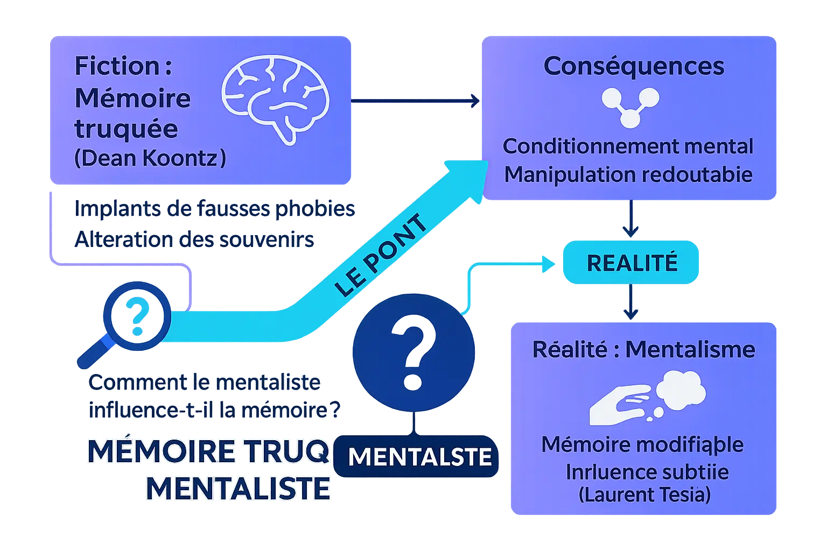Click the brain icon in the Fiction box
(275, 101)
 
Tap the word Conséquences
(634, 66)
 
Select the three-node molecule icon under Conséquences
(630, 107)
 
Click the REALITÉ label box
(631, 263)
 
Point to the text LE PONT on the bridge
(381, 255)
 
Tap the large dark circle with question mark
(413, 352)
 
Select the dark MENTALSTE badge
(419, 457)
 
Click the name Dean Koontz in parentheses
(150, 158)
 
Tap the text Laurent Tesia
(644, 495)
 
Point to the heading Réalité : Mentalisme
(643, 350)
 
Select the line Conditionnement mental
(628, 146)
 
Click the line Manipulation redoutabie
(628, 174)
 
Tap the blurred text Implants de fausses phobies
(214, 209)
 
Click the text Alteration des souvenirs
(194, 239)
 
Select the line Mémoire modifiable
(642, 444)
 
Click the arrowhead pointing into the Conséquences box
(474, 101)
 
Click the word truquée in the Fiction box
(126, 129)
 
